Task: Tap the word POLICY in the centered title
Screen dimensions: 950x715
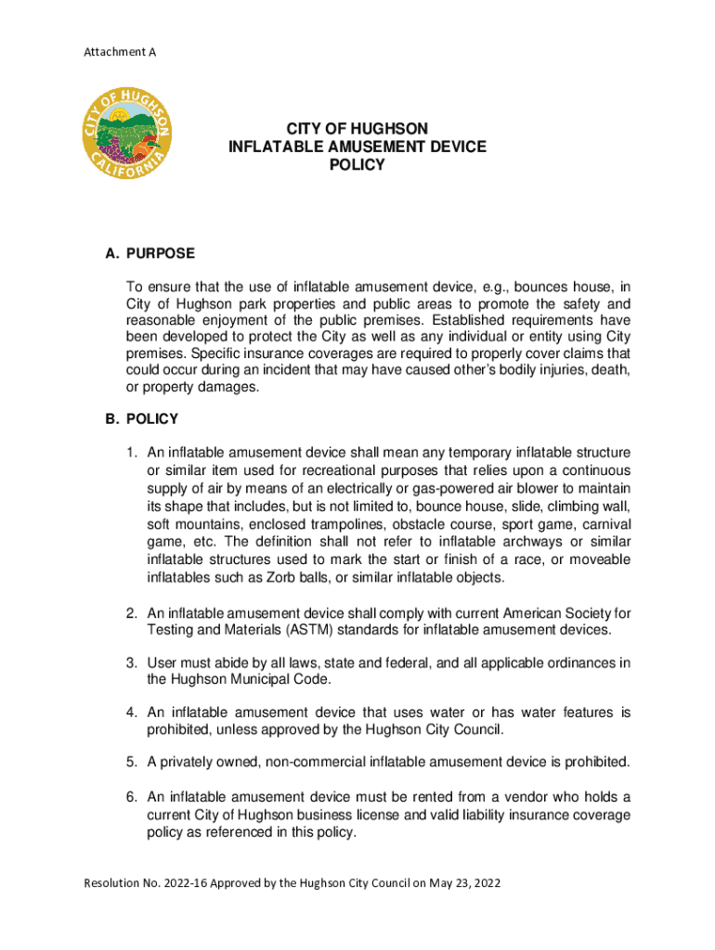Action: (357, 165)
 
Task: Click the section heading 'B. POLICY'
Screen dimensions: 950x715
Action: (141, 419)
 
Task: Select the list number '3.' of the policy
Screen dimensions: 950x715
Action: (135, 662)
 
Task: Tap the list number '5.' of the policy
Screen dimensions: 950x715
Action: (135, 763)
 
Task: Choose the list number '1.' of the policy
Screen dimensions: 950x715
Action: (135, 453)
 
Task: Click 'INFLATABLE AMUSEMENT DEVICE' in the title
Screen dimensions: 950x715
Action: (357, 147)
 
